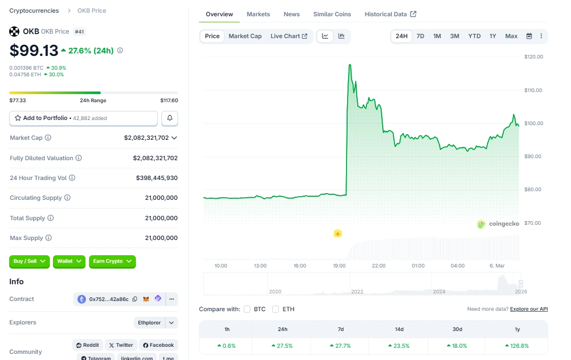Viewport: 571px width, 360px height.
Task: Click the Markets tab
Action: click(258, 14)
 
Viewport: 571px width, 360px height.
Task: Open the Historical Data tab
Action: click(390, 14)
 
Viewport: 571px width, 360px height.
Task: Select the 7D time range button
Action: click(420, 36)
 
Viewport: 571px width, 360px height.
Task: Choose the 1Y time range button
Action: click(493, 36)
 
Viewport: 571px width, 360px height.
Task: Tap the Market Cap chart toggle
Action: click(245, 36)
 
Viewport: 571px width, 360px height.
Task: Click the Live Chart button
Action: click(289, 36)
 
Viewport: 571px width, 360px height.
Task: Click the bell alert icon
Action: click(170, 118)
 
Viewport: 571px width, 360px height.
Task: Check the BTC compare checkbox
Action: click(247, 309)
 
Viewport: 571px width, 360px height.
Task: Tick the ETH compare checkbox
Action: click(276, 309)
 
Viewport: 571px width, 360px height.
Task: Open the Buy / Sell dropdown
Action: click(29, 261)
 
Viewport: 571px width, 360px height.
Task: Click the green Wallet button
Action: click(69, 261)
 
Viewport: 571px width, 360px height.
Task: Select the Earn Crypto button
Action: click(112, 261)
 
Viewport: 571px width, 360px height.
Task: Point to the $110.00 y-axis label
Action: click(533, 90)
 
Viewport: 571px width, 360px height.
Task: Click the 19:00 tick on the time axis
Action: click(339, 265)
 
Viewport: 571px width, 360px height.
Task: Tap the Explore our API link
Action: click(529, 309)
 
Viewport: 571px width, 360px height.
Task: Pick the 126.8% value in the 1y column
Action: click(517, 346)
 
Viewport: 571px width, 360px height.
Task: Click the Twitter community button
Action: click(121, 345)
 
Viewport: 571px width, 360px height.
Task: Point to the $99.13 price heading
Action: click(33, 50)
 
